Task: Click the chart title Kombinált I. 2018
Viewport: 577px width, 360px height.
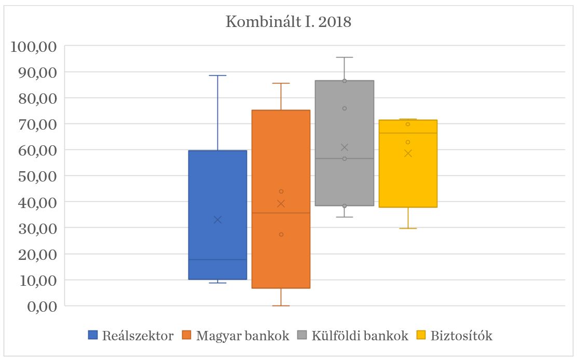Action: (x=288, y=22)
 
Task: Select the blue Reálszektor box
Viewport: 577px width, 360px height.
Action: (x=217, y=187)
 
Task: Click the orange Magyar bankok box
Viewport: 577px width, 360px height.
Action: (x=281, y=156)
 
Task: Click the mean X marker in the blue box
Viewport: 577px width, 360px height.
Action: (x=217, y=220)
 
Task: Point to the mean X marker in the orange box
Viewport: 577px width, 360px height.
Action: (x=281, y=203)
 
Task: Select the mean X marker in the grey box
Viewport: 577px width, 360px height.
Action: (x=344, y=147)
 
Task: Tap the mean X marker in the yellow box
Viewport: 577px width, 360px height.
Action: (x=408, y=153)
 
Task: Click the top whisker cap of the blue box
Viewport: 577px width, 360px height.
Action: (x=217, y=76)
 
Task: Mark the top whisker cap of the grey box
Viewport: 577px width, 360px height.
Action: (x=344, y=58)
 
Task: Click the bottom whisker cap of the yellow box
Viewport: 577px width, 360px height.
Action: (x=408, y=228)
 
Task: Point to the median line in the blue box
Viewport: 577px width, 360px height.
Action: (x=217, y=259)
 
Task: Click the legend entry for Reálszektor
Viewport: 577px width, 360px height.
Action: (x=131, y=336)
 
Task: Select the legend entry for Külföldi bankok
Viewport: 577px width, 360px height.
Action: (x=353, y=336)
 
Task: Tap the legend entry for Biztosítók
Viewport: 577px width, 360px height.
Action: (x=454, y=336)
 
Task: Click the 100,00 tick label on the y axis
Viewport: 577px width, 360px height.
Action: (x=34, y=46)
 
